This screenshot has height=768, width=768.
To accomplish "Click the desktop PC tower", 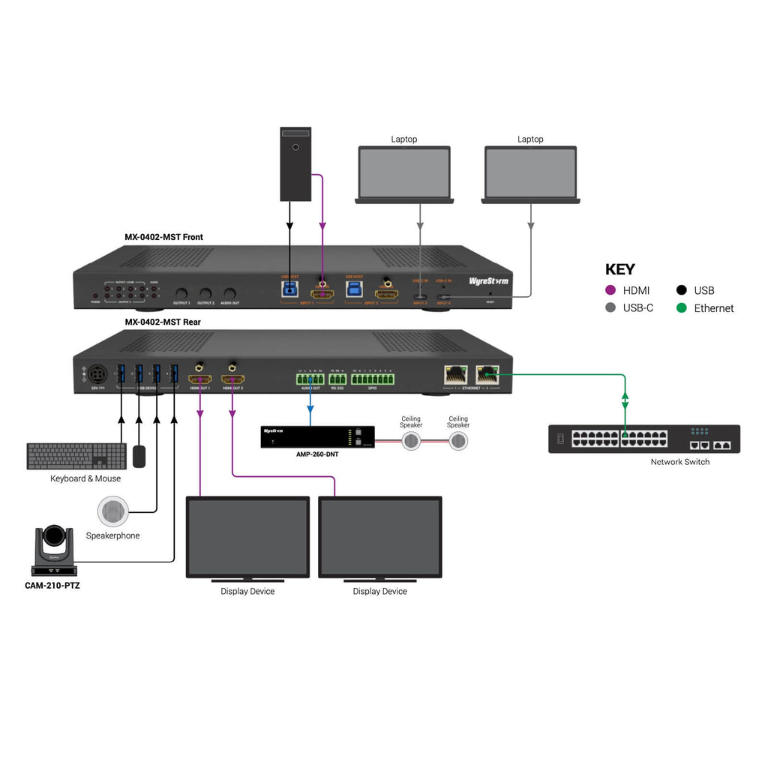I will [295, 163].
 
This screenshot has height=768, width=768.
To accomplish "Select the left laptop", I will [404, 174].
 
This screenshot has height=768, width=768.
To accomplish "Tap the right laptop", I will [530, 174].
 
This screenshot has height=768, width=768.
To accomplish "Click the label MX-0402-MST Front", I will [163, 237].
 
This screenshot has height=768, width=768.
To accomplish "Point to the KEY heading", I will [619, 269].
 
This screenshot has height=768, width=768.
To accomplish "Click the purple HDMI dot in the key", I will [610, 290].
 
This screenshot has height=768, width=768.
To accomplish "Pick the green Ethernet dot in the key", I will [681, 308].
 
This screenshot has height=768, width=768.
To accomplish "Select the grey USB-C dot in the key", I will [610, 308].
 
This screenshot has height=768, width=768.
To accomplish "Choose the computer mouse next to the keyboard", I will [138, 456].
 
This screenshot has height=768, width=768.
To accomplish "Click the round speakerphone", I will [112, 512].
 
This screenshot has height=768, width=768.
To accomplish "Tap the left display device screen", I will [247, 537].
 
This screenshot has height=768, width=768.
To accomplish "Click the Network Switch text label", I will [679, 462].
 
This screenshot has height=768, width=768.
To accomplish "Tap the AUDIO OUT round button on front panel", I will [229, 294].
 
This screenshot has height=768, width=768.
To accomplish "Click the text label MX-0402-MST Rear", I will [162, 322].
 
